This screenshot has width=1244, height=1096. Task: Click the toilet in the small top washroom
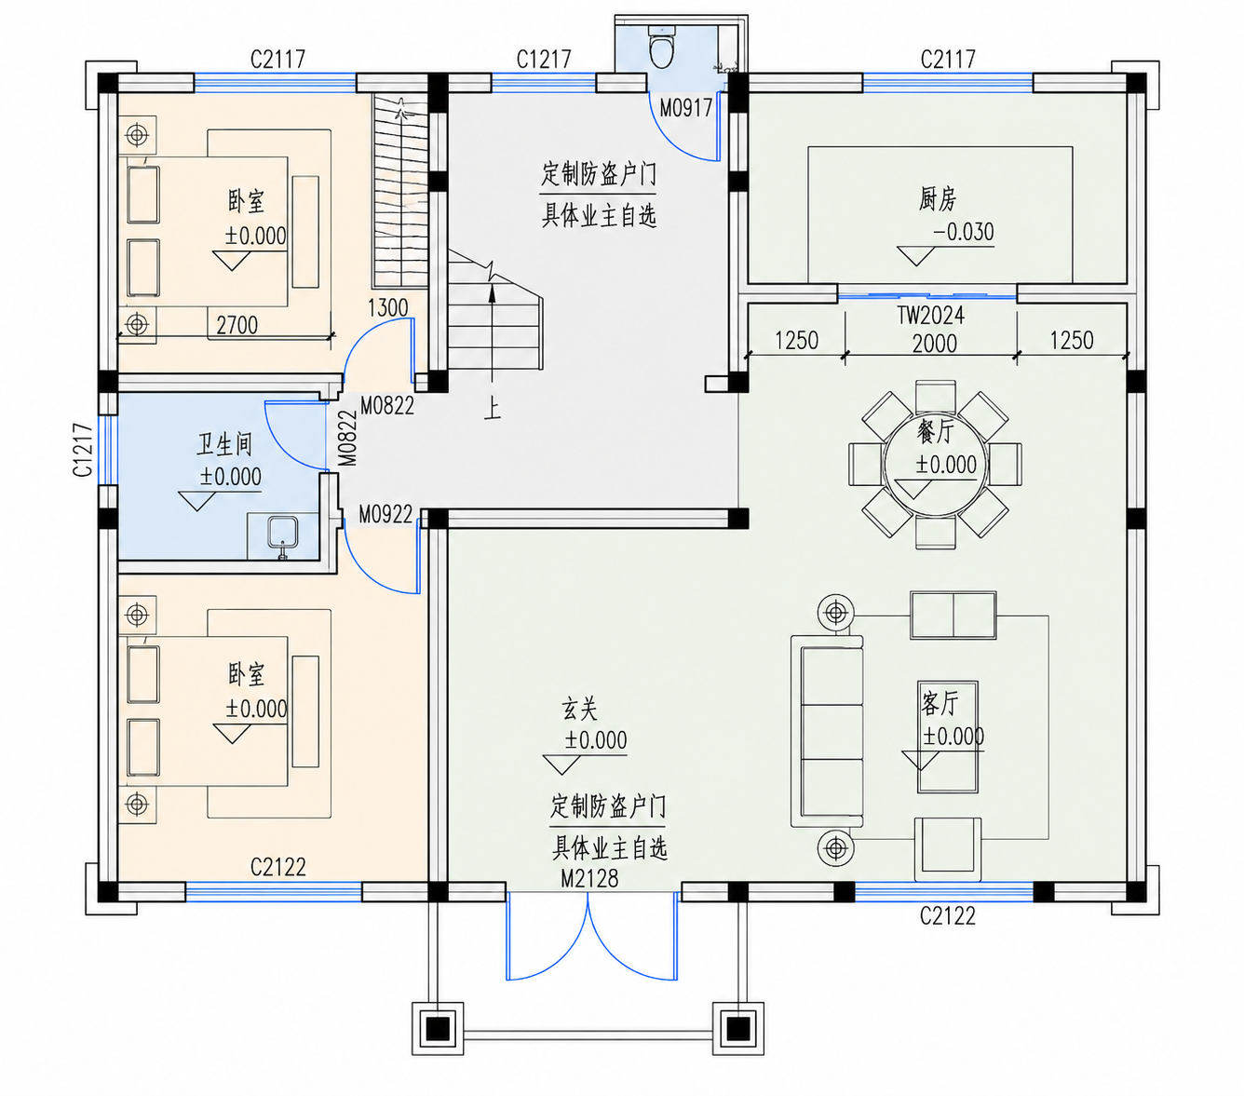coord(661,47)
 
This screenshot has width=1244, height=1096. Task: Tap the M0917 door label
coord(685,109)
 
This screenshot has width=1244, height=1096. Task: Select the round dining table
coord(934,464)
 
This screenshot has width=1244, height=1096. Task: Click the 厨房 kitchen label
coord(937,198)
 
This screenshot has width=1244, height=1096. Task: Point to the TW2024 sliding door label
coord(930,316)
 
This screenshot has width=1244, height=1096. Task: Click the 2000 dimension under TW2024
coord(934,344)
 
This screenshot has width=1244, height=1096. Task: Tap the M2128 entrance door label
coord(588,879)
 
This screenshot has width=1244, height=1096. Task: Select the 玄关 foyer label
coord(579,710)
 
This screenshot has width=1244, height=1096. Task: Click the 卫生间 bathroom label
coord(224,444)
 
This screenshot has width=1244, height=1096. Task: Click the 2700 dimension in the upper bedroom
coord(237,325)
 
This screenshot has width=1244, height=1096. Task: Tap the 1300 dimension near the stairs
coord(387,307)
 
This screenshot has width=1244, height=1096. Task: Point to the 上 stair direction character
coord(492,408)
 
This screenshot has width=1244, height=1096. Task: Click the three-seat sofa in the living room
coord(827,731)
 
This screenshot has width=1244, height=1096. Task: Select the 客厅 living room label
coord(940,703)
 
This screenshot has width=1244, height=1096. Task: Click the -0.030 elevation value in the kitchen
coord(963,232)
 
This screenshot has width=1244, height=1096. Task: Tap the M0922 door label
coord(385,515)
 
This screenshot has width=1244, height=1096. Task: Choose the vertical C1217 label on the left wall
coord(83,450)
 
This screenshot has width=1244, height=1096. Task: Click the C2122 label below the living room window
coord(947,916)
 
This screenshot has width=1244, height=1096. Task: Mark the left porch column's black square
coord(438,1028)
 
